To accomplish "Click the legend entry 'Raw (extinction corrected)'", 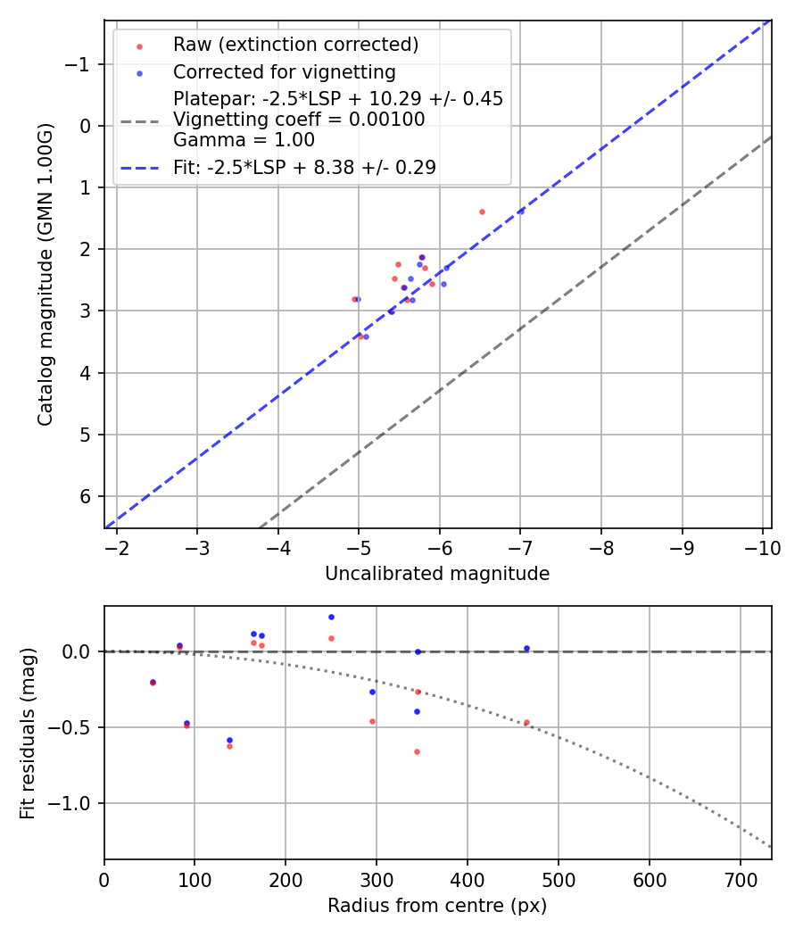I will [295, 45].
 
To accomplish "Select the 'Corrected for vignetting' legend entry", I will [284, 71].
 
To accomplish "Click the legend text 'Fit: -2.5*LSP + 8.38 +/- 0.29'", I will [304, 167].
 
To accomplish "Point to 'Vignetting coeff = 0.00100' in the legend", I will [299, 120].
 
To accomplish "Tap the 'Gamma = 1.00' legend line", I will [244, 140].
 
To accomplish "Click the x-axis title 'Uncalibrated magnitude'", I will [437, 574].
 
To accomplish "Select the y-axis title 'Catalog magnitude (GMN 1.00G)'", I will [46, 274].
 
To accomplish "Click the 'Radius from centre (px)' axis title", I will [437, 906].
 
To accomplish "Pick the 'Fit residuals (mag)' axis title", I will [29, 733].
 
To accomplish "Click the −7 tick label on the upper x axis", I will [520, 548].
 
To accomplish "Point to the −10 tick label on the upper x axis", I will [762, 548].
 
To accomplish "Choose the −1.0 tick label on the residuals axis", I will [78, 803].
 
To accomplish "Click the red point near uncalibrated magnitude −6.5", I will [482, 211].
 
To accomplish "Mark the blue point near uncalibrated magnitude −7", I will [520, 211].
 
